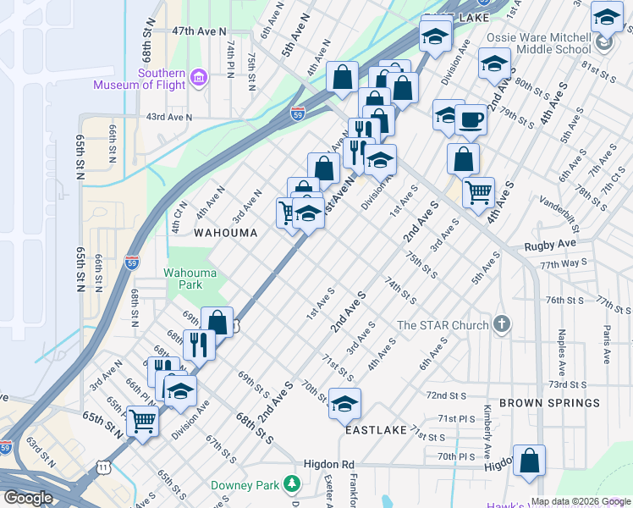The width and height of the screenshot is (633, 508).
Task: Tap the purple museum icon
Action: (x=199, y=78)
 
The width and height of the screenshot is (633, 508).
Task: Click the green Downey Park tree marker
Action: (x=292, y=483)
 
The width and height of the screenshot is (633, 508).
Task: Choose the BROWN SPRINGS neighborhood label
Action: (x=550, y=403)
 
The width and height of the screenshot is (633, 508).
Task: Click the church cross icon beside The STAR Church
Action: (x=502, y=324)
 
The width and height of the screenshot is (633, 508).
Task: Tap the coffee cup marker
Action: (x=471, y=119)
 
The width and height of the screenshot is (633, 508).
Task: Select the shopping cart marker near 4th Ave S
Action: (x=478, y=192)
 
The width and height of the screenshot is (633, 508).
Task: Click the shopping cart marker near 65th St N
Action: (x=142, y=419)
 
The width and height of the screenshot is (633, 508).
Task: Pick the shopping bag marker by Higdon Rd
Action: (x=529, y=461)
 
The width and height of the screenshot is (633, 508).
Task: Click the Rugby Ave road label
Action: (x=549, y=244)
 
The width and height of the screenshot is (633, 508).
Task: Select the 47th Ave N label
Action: (x=199, y=30)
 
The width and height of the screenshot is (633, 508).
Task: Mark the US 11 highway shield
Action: (x=102, y=467)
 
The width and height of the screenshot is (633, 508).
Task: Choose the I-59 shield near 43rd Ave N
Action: (x=297, y=113)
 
